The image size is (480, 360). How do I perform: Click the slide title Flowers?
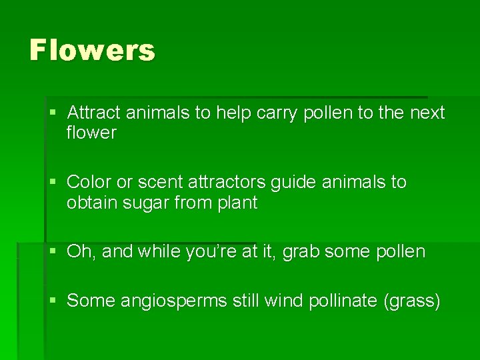pos(92,51)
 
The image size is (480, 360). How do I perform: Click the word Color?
pos(89,182)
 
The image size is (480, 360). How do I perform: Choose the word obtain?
pos(90,203)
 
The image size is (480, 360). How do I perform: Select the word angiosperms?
pos(173,301)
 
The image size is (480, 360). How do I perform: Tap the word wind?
pos(284,301)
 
